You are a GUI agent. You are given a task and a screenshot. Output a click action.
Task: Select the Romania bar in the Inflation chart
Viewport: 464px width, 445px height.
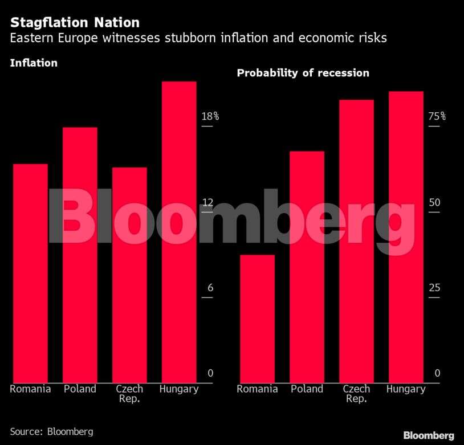coord(30,273)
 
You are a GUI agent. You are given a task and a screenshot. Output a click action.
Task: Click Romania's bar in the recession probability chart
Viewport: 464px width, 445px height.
coord(257,319)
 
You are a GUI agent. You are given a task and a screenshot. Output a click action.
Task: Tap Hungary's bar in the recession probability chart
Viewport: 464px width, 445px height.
coord(406,237)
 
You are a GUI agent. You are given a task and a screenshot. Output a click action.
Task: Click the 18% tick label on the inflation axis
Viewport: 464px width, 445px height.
coord(210,116)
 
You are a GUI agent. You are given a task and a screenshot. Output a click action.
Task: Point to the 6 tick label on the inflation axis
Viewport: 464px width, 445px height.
coord(210,288)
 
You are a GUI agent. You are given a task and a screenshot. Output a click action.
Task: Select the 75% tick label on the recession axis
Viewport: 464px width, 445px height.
coord(437,116)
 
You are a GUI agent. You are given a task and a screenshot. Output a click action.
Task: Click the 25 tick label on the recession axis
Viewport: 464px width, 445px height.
coord(434,288)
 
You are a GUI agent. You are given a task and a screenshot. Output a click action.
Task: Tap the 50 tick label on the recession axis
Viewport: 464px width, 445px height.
coord(434,203)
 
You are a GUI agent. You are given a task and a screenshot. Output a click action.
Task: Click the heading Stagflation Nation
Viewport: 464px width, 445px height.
coord(75,23)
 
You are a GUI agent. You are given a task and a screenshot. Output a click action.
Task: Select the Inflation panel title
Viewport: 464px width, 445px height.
coord(34,63)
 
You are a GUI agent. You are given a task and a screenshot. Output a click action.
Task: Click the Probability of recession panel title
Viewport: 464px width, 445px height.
coord(303,73)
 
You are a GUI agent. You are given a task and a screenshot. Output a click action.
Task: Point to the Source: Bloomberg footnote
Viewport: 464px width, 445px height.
coord(51,431)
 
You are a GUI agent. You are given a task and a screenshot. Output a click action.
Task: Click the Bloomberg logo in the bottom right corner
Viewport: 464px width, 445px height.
coord(429,435)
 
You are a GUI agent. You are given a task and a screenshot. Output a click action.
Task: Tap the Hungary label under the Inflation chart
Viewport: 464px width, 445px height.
coord(179,389)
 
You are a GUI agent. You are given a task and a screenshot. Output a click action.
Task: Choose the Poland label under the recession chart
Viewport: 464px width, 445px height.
coord(307,389)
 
